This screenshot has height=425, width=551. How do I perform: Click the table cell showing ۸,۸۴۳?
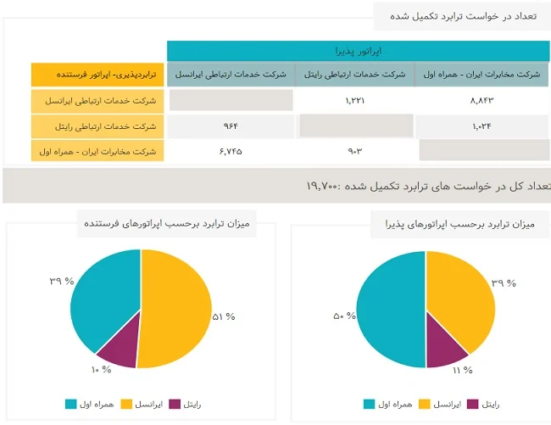481,101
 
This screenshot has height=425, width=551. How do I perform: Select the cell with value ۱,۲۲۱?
354,101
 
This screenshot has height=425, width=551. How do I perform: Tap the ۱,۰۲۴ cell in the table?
481,126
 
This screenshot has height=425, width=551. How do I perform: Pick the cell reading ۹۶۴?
231,126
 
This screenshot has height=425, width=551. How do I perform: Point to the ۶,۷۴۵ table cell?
231,151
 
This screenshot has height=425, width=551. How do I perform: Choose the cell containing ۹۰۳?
354,151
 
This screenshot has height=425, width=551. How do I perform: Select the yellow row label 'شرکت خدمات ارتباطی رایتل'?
97,126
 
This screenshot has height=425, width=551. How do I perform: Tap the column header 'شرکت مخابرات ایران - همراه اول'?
481,75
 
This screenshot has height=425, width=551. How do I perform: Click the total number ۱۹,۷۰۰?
326,185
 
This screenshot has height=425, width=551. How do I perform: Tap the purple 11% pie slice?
446,352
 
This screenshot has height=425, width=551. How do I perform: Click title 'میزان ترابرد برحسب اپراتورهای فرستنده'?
179,224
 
